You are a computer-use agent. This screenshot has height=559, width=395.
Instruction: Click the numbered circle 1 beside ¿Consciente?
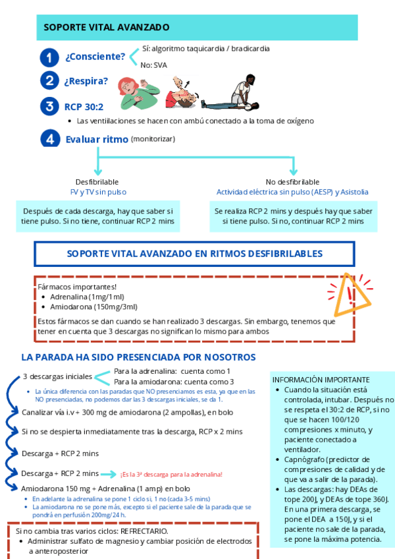coord(49,57)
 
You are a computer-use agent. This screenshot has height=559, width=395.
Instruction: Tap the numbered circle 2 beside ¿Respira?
coord(49,81)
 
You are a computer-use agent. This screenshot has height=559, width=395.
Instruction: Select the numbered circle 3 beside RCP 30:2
coord(49,106)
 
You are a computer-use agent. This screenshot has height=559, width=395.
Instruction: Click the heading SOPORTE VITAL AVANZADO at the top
coord(107,28)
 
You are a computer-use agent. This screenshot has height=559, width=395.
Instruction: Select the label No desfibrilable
coord(292,181)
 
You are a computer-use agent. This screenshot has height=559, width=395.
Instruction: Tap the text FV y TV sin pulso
coord(98,192)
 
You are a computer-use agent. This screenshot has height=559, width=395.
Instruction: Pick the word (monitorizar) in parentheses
coord(153,138)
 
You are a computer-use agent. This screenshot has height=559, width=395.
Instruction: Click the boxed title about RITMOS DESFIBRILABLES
coord(195,254)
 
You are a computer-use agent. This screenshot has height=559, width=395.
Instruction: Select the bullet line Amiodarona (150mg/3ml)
coord(94,307)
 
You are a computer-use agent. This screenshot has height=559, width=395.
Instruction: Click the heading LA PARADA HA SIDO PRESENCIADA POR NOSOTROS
coord(138,357)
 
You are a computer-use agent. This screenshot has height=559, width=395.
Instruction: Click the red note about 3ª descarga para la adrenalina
coord(171,474)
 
